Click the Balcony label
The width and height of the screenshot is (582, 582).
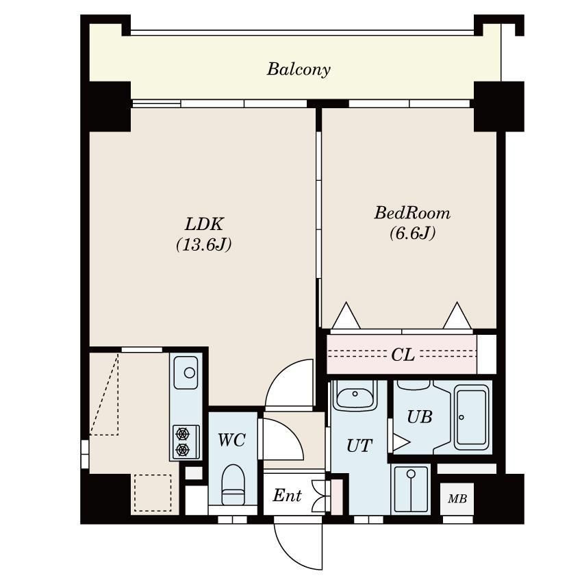[x=299, y=69]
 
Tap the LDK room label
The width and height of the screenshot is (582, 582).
[x=204, y=224]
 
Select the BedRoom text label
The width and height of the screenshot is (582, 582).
[x=412, y=213]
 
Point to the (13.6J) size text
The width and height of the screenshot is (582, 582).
[x=204, y=244]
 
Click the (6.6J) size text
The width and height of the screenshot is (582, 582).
[x=412, y=233]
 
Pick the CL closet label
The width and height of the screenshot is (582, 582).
[x=403, y=355]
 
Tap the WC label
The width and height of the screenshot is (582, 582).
[x=231, y=440]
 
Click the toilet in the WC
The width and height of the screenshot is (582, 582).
[x=233, y=485]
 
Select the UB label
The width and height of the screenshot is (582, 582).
[x=420, y=417]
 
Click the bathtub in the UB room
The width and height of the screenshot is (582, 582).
[x=471, y=417]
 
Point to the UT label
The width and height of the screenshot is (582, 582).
[x=359, y=446]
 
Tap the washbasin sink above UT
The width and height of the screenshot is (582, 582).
[x=355, y=395]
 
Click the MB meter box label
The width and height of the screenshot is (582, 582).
[x=457, y=498]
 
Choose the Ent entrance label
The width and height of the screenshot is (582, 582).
[x=288, y=495]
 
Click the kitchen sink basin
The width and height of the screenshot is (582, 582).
[x=186, y=372]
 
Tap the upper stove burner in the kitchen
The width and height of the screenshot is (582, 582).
[x=183, y=433]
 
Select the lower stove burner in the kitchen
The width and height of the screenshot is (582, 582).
[x=183, y=449]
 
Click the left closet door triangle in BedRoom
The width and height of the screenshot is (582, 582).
[x=346, y=316]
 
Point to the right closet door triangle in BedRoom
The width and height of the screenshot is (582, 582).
[x=457, y=316]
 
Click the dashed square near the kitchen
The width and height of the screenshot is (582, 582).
[x=153, y=493]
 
